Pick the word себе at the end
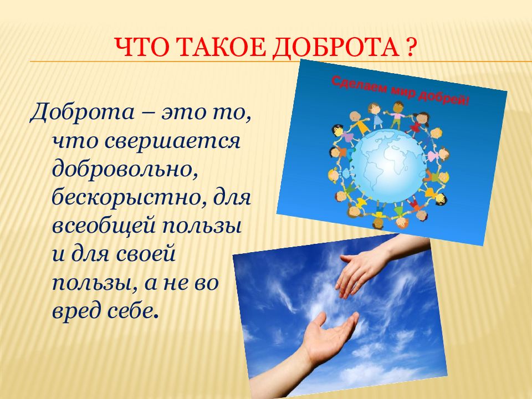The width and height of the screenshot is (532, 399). click(x=132, y=312)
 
